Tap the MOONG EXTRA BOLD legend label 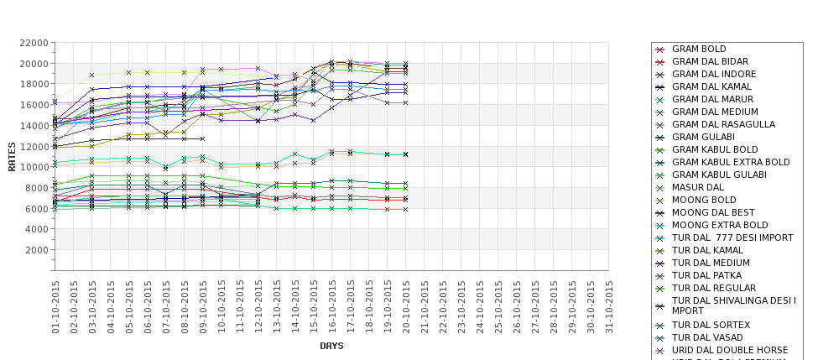point(720,225)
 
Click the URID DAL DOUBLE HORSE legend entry point(730,350)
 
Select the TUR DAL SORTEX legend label point(711,325)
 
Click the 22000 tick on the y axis point(31,43)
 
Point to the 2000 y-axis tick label point(34,250)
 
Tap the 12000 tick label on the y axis point(31,147)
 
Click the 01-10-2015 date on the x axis point(55,306)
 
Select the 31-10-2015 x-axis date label point(609,306)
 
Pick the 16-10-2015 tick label point(332,306)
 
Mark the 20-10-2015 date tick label point(406,306)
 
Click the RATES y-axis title point(13,156)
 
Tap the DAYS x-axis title point(331,346)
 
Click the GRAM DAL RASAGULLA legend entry point(723,124)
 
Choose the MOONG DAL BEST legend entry point(713,212)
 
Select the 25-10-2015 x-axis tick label point(498,306)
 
